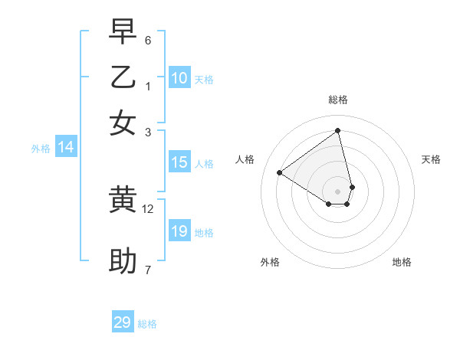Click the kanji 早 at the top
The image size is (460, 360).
pos(123,31)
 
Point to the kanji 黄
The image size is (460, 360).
pos(123,200)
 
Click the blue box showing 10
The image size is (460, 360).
pos(179,78)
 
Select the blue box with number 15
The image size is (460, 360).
pos(179,162)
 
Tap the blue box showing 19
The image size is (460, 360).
pos(179,231)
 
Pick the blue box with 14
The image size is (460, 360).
pos(66,148)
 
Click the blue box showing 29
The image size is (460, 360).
pos(123,322)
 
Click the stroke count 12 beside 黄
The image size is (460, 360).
pos(148,208)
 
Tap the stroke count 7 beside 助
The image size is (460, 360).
pos(148,270)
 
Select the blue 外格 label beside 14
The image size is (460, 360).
pos(41,149)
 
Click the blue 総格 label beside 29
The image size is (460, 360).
pos(147,324)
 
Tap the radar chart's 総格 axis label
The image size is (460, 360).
pos(338,100)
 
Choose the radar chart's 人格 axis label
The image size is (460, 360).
pos(245,159)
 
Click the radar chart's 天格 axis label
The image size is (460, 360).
pos(431,159)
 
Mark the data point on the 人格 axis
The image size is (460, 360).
pos(280,172)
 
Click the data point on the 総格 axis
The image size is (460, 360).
pos(338,130)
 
